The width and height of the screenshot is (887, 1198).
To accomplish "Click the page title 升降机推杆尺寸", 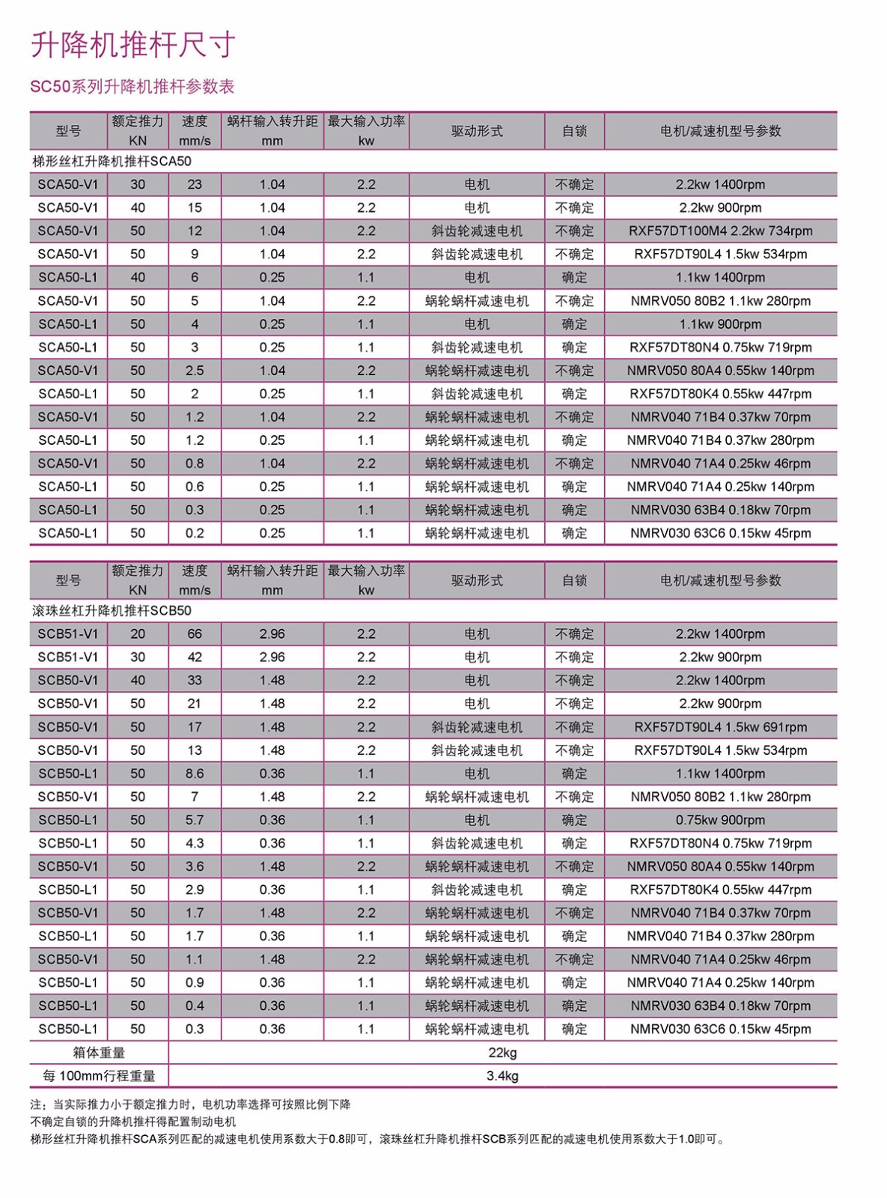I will [x=132, y=45].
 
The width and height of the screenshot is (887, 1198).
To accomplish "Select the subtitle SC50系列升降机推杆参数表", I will [x=132, y=87].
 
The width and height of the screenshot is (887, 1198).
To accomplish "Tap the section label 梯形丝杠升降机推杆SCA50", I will [x=112, y=161].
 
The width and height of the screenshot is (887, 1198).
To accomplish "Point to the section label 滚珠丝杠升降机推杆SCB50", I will [x=112, y=610].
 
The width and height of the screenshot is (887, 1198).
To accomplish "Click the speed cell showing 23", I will [x=195, y=184].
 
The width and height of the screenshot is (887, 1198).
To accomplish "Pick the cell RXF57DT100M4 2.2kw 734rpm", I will [x=720, y=231].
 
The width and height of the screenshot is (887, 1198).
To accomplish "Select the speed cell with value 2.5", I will [x=195, y=371].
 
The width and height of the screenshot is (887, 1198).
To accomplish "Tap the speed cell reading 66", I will [x=195, y=634].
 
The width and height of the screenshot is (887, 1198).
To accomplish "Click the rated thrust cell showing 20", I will [x=138, y=634].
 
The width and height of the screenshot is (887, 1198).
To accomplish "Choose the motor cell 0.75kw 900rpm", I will [x=720, y=820].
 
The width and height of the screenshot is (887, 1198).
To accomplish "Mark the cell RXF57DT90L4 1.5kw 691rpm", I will [x=720, y=727].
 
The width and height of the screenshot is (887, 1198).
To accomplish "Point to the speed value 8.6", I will [x=195, y=773].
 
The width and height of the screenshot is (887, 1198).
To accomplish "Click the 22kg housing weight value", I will [x=502, y=1053].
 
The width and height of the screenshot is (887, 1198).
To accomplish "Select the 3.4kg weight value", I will [x=502, y=1076].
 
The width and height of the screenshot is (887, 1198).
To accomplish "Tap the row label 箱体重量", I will [x=99, y=1053].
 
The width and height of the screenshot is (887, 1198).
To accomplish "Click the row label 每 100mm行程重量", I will [x=99, y=1076].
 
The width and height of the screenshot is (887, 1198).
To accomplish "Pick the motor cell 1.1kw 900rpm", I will [x=720, y=324].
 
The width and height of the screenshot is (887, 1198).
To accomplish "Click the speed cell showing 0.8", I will [x=195, y=463].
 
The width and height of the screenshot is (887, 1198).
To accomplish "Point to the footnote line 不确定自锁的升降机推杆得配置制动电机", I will [x=133, y=1122].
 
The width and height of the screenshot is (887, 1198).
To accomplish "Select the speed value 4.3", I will [x=195, y=843].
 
